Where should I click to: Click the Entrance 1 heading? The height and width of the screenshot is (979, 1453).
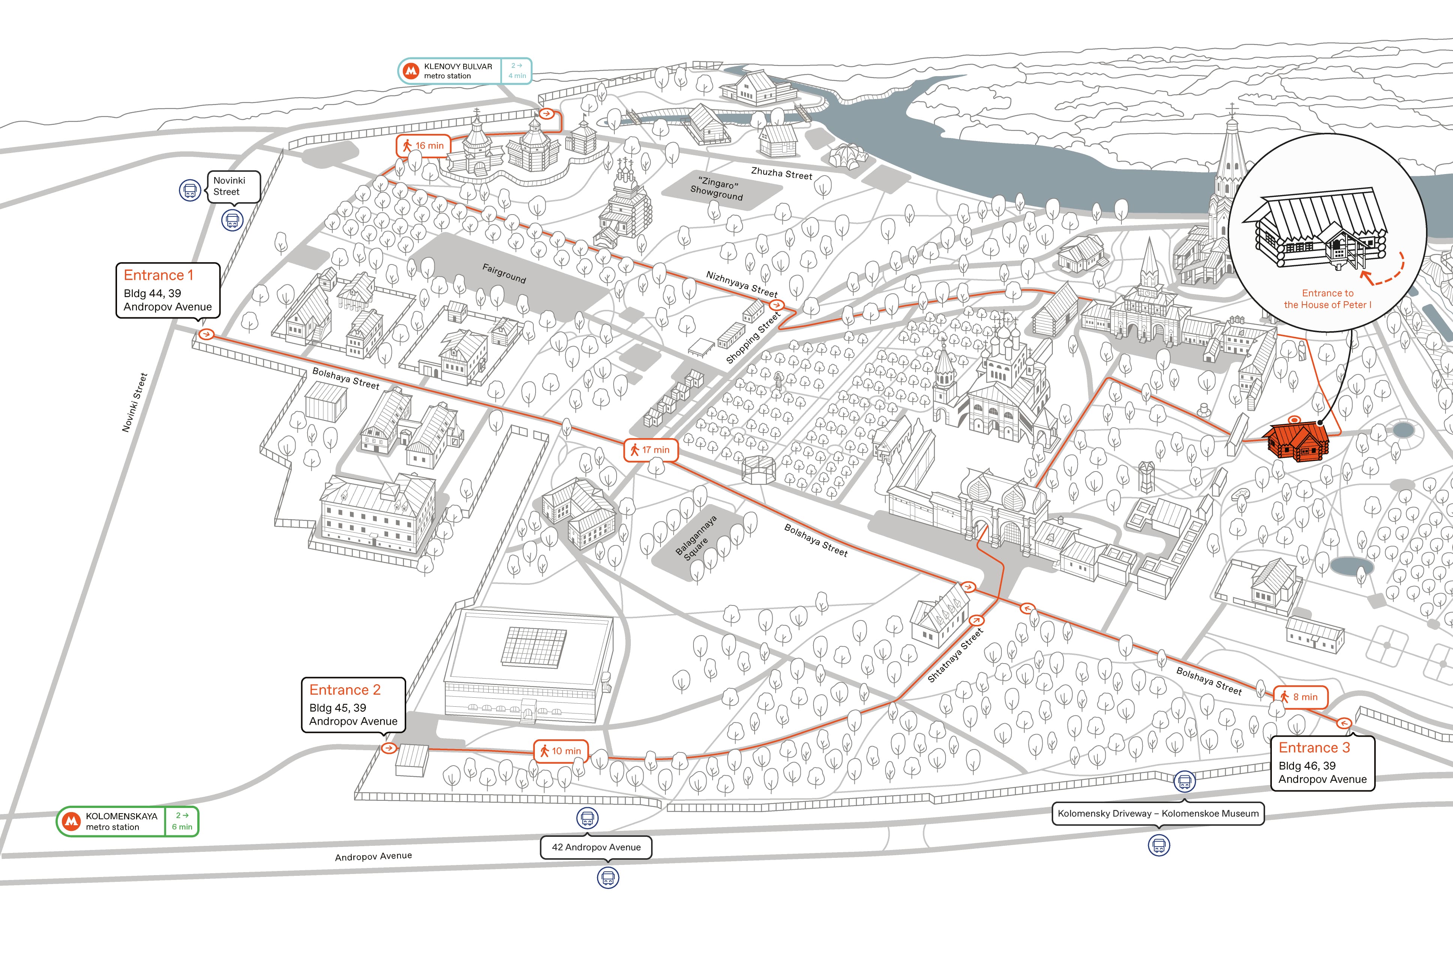click(159, 275)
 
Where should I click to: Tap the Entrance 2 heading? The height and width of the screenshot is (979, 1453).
click(345, 690)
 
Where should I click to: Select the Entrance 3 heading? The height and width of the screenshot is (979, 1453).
click(1314, 748)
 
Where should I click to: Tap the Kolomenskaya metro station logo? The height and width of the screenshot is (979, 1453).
click(72, 821)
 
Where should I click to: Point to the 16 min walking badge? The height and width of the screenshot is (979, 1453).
click(423, 146)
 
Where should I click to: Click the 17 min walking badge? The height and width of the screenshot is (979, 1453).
click(650, 449)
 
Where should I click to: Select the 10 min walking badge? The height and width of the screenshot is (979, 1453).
click(560, 751)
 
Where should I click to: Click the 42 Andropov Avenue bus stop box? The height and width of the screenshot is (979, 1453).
click(596, 847)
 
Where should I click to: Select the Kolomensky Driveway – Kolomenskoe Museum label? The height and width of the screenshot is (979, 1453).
click(1159, 814)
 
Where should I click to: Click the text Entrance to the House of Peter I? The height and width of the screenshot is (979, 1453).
click(1328, 299)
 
